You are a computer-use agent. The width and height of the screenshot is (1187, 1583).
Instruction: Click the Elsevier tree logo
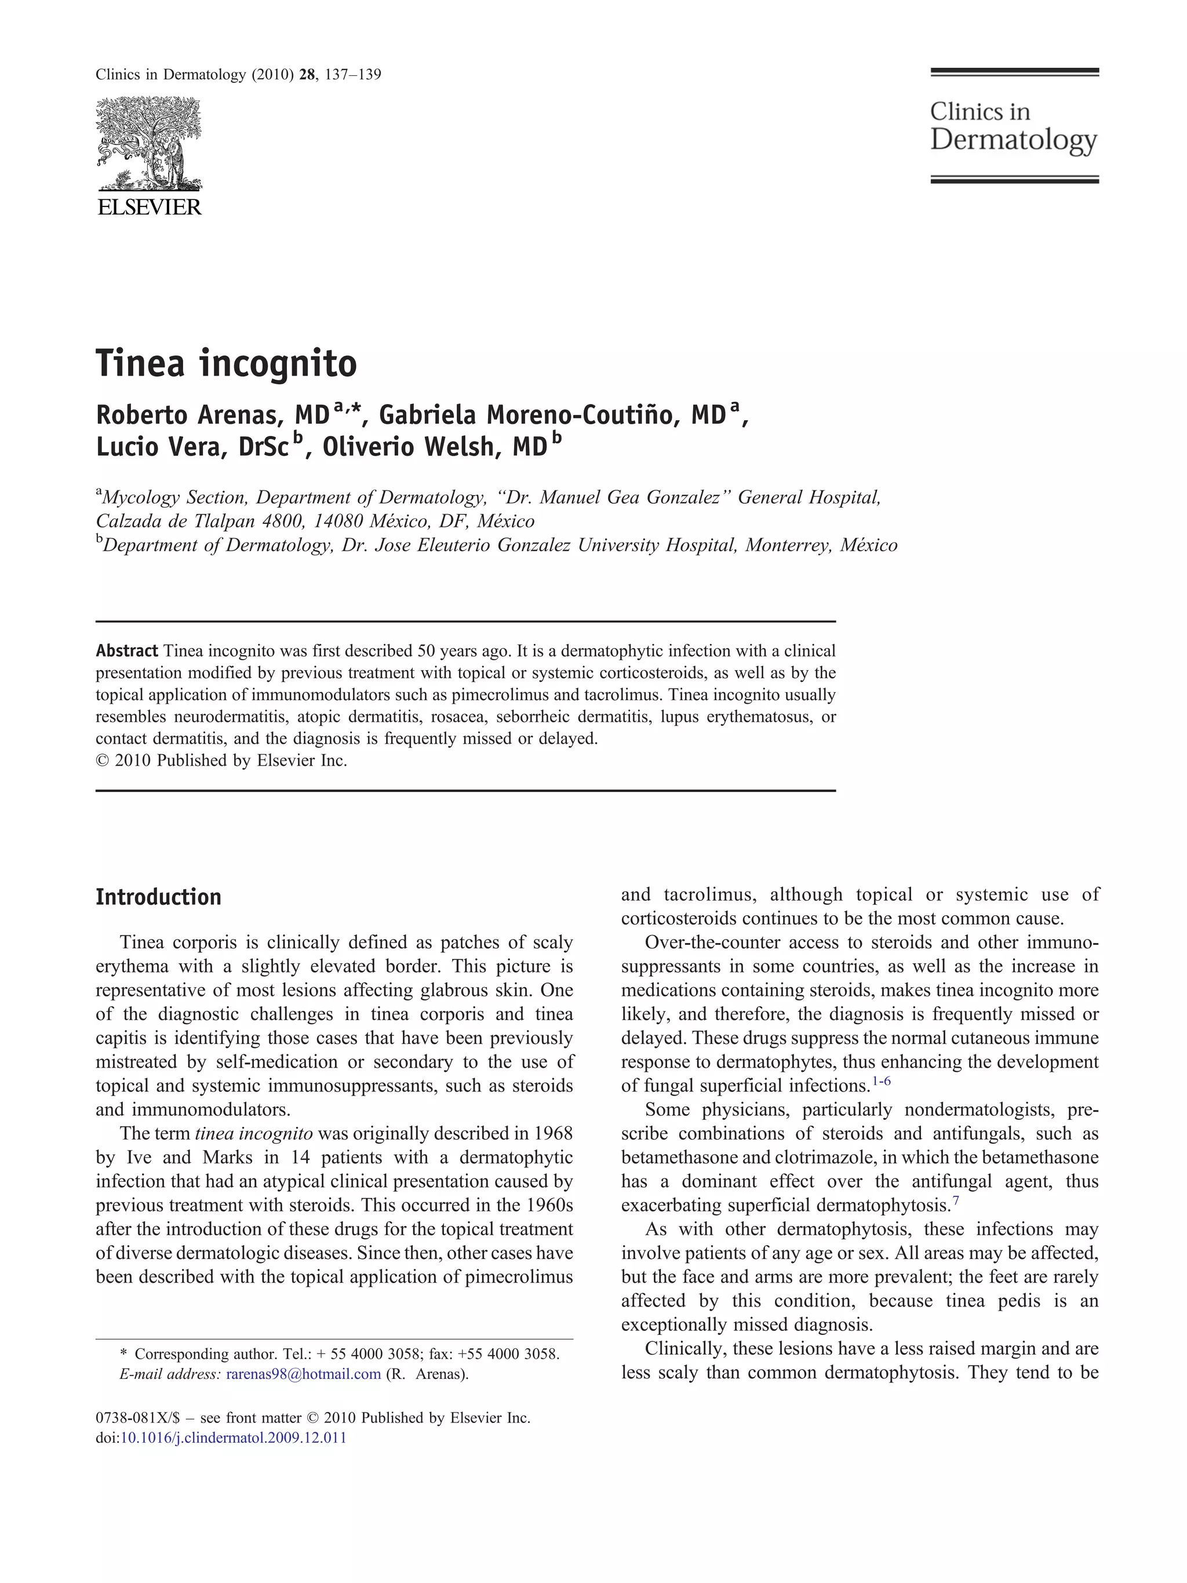point(149,143)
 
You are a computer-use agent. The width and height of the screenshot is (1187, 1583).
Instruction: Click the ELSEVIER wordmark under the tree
point(149,208)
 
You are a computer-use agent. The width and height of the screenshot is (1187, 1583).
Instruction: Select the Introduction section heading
point(158,897)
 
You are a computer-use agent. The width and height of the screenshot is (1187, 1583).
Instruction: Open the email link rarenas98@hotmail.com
point(303,1374)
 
